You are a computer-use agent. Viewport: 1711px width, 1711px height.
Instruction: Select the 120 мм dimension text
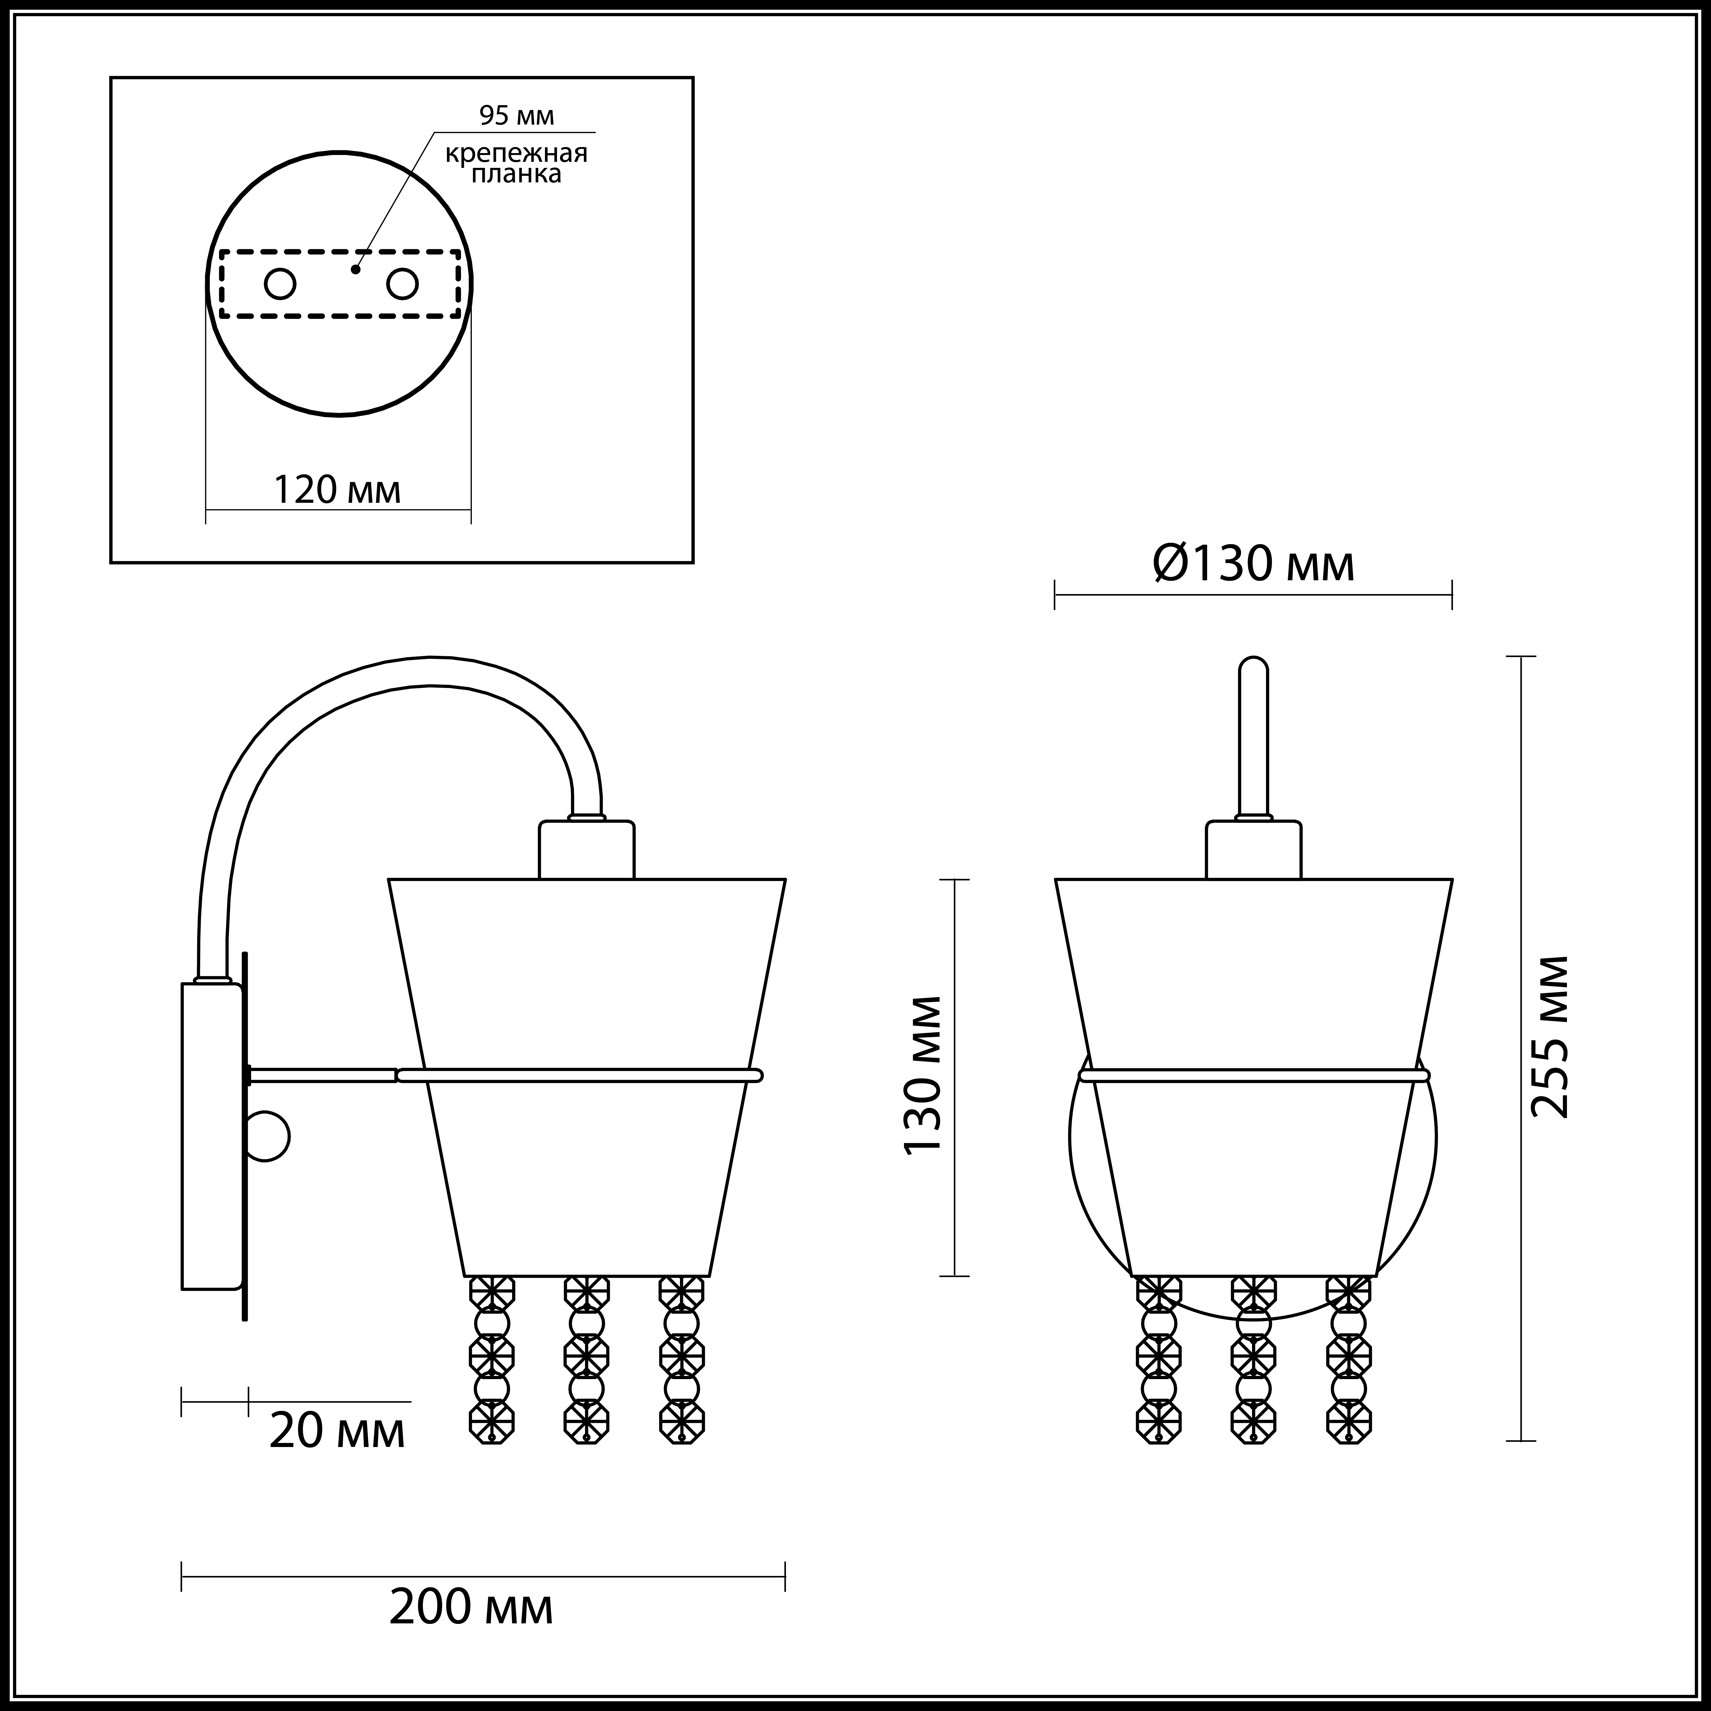coord(337,490)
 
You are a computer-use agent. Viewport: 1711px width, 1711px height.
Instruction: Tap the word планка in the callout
coord(516,174)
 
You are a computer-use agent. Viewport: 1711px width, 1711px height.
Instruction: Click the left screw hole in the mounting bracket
coord(281,284)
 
